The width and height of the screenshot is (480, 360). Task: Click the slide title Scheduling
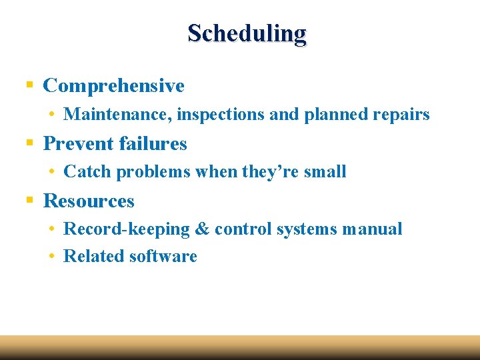[247, 33]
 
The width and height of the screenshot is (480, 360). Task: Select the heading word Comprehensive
[113, 86]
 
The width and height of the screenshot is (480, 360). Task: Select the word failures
[152, 144]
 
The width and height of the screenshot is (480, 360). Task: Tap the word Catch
[87, 172]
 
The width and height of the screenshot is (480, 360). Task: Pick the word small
[325, 172]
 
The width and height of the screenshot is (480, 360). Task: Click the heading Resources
[89, 201]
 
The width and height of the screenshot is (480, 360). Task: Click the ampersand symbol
[202, 229]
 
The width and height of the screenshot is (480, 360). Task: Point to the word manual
[372, 229]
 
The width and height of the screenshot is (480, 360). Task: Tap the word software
[163, 257]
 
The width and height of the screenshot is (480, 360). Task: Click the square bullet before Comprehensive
[29, 85]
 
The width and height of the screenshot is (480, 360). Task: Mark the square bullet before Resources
[29, 201]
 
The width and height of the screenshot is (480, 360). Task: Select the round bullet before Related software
[51, 257]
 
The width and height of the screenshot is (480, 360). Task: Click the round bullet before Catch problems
[51, 172]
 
